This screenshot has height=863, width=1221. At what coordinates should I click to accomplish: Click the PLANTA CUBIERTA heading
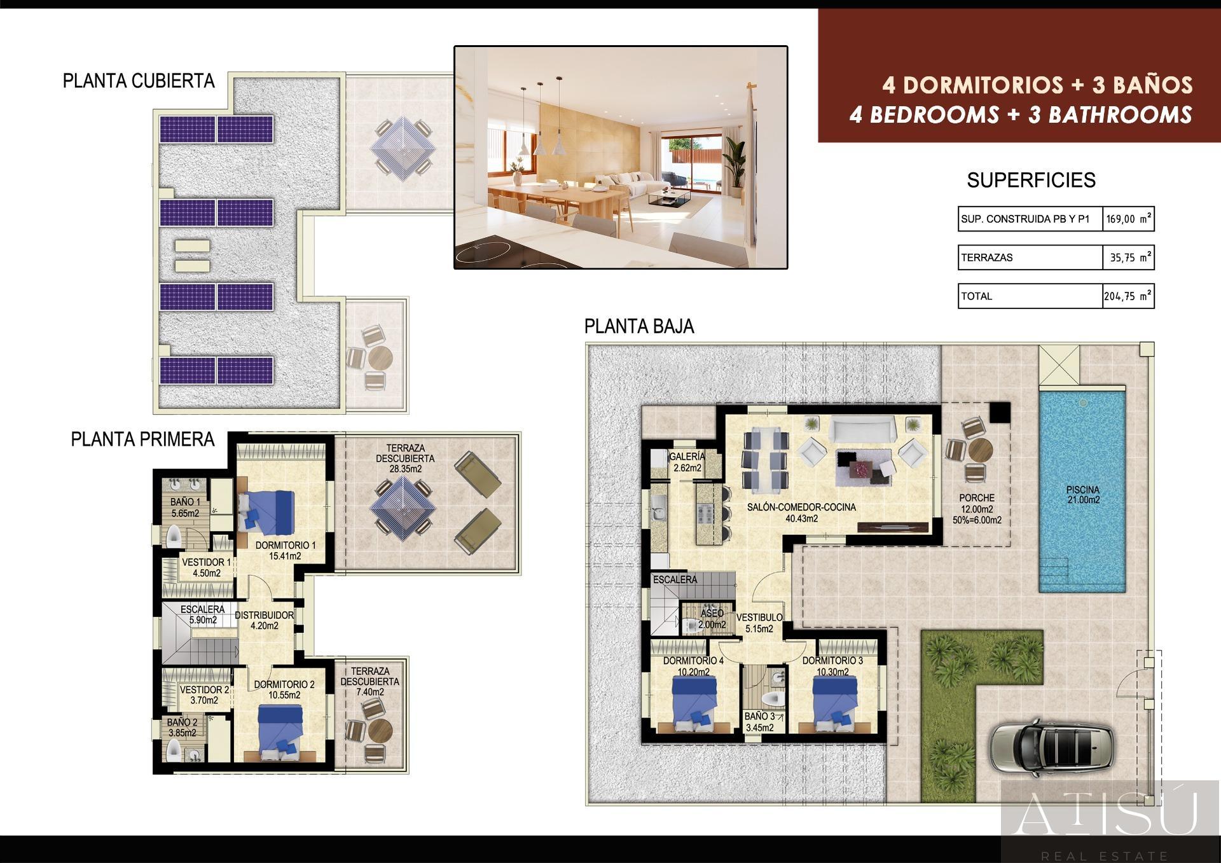pos(139,81)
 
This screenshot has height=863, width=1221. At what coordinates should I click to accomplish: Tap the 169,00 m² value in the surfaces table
pos(1128,219)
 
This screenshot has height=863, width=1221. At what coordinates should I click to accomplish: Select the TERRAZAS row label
pos(987,258)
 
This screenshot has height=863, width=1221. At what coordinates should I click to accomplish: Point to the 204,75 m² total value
pos(1128,296)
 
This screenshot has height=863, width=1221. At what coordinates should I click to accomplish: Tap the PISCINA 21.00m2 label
pos(1083,495)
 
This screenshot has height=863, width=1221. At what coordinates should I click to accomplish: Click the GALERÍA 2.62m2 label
pos(687,462)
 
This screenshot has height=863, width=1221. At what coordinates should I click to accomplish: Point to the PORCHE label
pos(977,498)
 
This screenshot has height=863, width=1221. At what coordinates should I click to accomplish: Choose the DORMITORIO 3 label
pos(832,661)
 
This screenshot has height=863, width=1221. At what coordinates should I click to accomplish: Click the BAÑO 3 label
pos(760,717)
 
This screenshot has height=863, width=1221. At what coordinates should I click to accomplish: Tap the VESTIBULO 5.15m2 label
pos(759,623)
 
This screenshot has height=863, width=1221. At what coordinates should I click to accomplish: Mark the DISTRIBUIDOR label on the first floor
pos(264,615)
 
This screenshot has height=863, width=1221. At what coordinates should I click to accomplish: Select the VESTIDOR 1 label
pos(207,562)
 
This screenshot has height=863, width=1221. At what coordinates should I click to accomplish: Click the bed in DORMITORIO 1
pos(267,512)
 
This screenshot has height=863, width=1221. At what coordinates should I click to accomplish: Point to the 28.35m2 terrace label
pos(405,469)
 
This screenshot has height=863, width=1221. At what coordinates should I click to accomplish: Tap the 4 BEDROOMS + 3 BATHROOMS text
pos(1021,114)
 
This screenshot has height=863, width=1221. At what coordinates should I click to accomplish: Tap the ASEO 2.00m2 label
pos(712,619)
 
